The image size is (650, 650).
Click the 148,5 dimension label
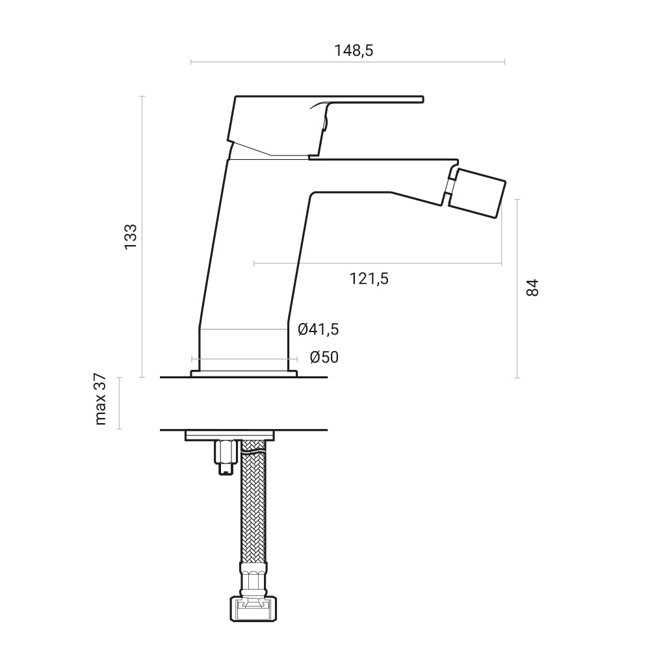point(354,50)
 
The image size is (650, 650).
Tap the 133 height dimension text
point(131,237)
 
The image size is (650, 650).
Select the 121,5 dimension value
point(369,279)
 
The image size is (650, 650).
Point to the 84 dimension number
point(532,287)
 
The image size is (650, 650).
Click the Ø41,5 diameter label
point(318,330)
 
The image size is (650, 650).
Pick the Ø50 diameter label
point(324,357)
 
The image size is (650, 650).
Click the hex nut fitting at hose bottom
point(253,610)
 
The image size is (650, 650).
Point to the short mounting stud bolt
point(224,457)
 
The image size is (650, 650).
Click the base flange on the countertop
point(244,373)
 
